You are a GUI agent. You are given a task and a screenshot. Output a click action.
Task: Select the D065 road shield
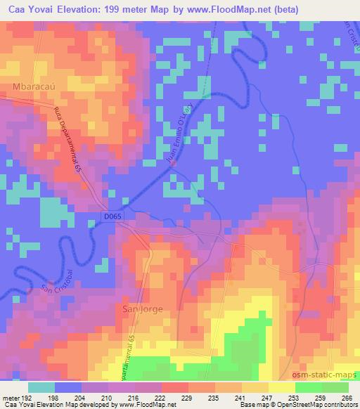coord(116,218)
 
